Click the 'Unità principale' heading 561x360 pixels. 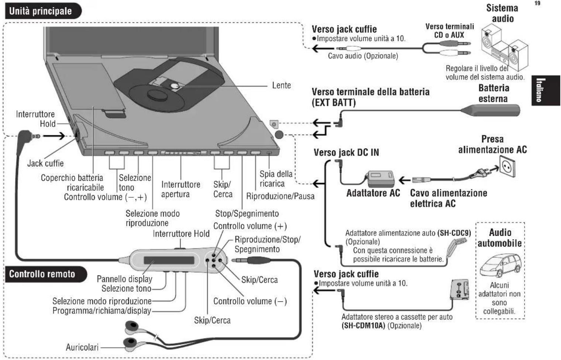pyautogui.click(x=41, y=11)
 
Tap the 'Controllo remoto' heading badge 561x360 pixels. pyautogui.click(x=42, y=274)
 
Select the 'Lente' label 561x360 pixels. pyautogui.click(x=281, y=85)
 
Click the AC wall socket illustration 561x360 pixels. pyautogui.click(x=507, y=167)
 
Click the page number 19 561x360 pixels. pyautogui.click(x=537, y=3)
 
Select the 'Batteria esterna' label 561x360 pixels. pyautogui.click(x=493, y=93)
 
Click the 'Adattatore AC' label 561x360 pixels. pyautogui.click(x=373, y=193)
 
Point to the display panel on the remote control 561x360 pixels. pyautogui.click(x=169, y=260)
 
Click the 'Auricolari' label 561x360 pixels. pyautogui.click(x=82, y=347)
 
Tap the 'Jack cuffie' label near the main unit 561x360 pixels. pyautogui.click(x=45, y=163)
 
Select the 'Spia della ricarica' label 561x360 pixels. pyautogui.click(x=275, y=179)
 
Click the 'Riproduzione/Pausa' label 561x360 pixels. pyautogui.click(x=280, y=196)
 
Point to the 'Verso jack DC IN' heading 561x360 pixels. pyautogui.click(x=346, y=152)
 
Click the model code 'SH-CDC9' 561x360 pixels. pyautogui.click(x=454, y=233)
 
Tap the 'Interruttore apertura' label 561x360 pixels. pyautogui.click(x=180, y=189)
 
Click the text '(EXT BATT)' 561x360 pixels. pyautogui.click(x=334, y=103)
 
